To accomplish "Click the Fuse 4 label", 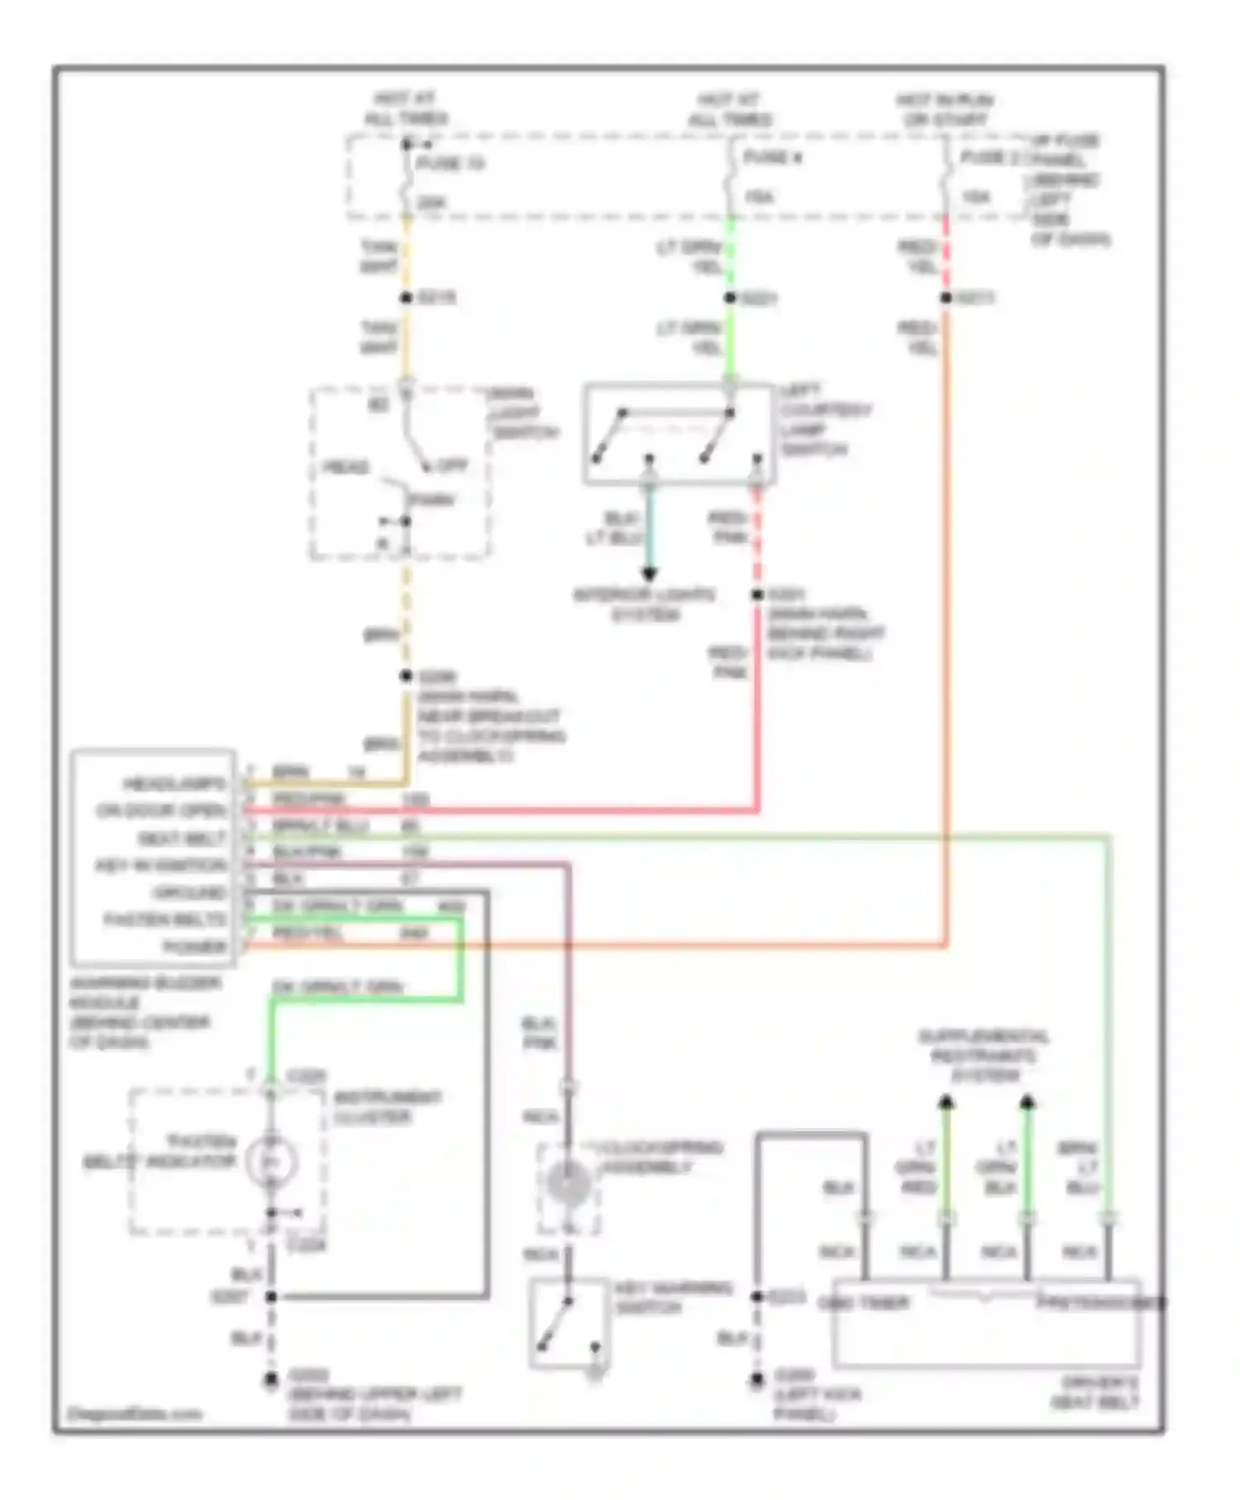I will (x=772, y=157).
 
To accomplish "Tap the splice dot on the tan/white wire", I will (x=406, y=298).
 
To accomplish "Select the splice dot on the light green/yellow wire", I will (x=730, y=298).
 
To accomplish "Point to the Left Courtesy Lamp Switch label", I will (x=824, y=420).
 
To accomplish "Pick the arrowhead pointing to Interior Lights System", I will (x=650, y=574).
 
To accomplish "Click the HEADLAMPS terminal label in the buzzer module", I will (x=174, y=783).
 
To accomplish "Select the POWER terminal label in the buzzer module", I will (x=195, y=946).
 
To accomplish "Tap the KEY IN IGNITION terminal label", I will (x=160, y=865).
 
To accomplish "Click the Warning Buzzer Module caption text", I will (x=144, y=1012).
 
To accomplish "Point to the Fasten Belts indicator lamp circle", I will (x=271, y=1162).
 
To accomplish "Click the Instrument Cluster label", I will (x=387, y=1107).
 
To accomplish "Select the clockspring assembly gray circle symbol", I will (x=568, y=1182).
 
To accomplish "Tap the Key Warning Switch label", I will (x=672, y=1297).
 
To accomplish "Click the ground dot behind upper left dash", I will (x=270, y=1379).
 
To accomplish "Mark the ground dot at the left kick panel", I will (x=756, y=1379).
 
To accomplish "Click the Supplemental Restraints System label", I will (x=984, y=1055).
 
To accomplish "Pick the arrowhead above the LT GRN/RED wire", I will (x=947, y=1101).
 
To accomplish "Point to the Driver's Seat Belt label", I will (x=1095, y=1392).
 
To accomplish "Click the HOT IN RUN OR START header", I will (x=945, y=110).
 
